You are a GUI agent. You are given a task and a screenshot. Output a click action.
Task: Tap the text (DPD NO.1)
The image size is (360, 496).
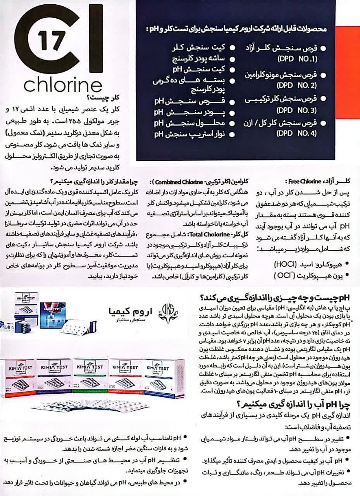click(x=297, y=60)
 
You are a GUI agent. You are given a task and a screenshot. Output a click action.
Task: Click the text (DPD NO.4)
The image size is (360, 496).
click(x=297, y=134)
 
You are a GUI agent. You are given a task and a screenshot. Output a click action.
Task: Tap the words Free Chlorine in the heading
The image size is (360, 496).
click(x=298, y=181)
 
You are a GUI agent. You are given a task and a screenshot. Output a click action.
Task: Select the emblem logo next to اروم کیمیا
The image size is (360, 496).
click(x=165, y=315)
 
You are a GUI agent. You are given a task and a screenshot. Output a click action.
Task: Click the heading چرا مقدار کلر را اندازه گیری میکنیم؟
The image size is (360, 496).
click(x=95, y=181)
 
